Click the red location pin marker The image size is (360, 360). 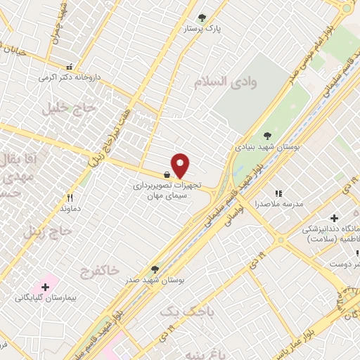[181, 165]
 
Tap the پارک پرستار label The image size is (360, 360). [202, 30]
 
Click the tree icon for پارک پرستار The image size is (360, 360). [202, 18]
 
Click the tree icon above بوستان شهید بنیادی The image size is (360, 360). [266, 136]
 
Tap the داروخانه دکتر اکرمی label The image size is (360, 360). [69, 77]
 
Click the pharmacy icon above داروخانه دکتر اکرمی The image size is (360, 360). [69, 66]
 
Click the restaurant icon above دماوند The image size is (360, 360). [69, 198]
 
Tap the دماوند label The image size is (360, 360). [71, 209]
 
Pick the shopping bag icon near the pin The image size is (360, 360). [166, 174]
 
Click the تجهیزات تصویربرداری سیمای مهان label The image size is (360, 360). [169, 190]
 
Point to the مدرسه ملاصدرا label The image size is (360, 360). [278, 204]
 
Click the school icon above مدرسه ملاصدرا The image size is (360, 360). [278, 193]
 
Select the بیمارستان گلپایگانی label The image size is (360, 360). [46, 298]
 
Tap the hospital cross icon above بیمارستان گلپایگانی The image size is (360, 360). [46, 287]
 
